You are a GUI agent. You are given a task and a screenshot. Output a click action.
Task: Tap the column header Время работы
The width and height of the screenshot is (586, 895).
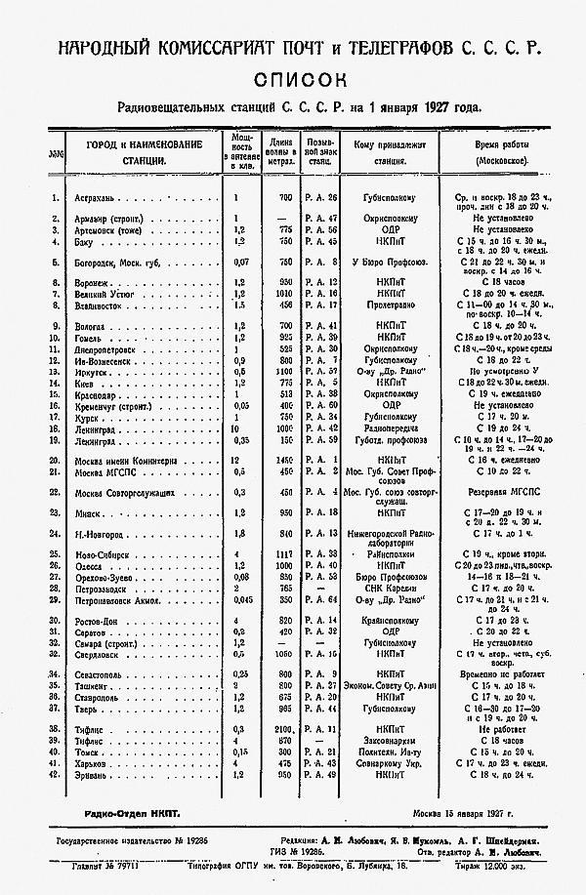point(500,144)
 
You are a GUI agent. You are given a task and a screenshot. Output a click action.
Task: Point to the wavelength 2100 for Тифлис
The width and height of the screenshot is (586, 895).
point(284,728)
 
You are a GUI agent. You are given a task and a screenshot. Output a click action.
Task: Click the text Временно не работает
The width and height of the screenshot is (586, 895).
point(499,675)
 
